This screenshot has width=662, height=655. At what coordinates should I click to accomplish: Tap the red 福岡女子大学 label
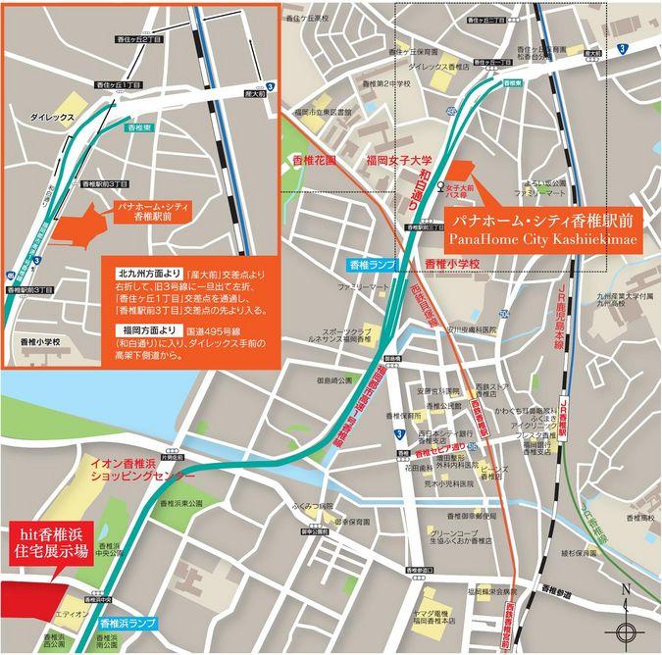(x=399, y=159)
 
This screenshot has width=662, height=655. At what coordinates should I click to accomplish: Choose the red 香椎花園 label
(x=315, y=159)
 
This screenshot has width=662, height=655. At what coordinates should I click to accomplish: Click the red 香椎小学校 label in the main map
(x=452, y=264)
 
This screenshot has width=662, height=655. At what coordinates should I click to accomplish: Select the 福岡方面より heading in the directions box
(x=143, y=329)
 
